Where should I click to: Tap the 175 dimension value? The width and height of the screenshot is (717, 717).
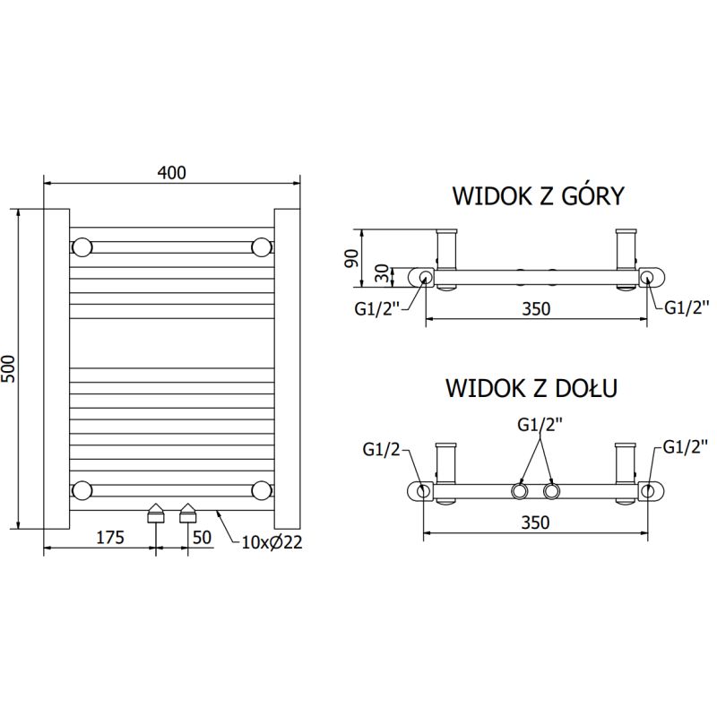pyautogui.click(x=108, y=537)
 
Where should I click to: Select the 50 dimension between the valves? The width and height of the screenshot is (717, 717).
pyautogui.click(x=202, y=537)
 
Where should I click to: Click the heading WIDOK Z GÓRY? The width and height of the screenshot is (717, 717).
pyautogui.click(x=538, y=196)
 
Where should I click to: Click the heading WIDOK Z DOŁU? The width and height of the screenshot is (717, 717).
pyautogui.click(x=531, y=388)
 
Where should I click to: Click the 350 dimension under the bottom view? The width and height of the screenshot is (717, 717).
pyautogui.click(x=536, y=522)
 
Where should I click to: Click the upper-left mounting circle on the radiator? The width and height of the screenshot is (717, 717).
pyautogui.click(x=82, y=246)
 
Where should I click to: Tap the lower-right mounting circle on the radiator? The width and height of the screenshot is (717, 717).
pyautogui.click(x=262, y=488)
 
